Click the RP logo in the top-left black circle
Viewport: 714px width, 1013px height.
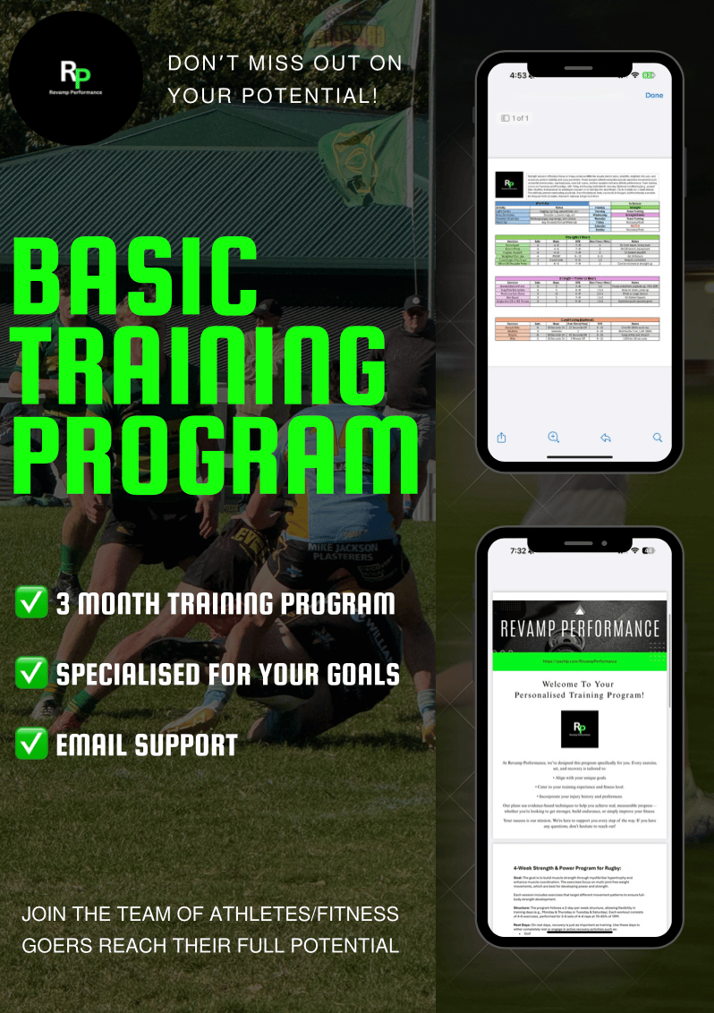[76, 75]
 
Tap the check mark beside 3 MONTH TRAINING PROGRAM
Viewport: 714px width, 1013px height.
[32, 602]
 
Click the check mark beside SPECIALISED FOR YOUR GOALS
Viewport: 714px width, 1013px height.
[32, 673]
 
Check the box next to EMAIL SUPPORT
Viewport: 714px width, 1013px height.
[32, 744]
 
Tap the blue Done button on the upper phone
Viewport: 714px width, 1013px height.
[653, 95]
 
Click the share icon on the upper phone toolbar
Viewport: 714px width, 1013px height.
[502, 438]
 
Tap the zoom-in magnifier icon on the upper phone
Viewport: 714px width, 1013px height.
[554, 438]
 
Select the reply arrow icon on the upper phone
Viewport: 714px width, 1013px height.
[606, 438]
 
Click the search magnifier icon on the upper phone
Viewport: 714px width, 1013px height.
[658, 438]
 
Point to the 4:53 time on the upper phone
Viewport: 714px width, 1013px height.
[518, 75]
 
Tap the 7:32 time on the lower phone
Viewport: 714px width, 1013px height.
[518, 550]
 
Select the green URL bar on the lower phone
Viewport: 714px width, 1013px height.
[580, 663]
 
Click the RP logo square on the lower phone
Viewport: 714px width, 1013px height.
[580, 728]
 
